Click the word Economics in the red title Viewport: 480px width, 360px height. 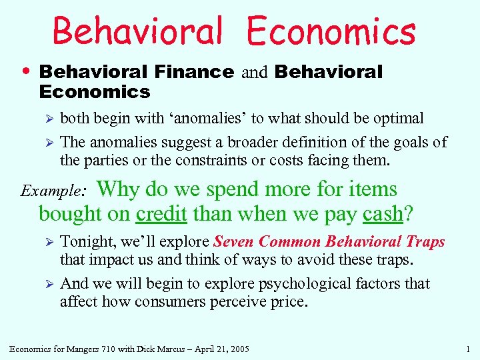[x=331, y=31]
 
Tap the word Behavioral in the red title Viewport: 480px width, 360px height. [x=137, y=31]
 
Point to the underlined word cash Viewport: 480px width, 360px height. [x=383, y=213]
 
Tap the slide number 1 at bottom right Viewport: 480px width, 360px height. [x=469, y=348]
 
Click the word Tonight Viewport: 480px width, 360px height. [x=87, y=242]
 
